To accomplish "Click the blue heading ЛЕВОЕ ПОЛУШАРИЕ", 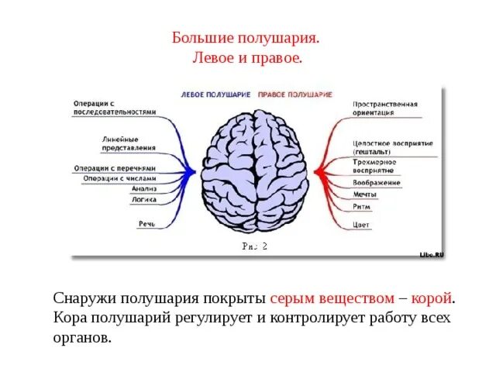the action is (x=215, y=94).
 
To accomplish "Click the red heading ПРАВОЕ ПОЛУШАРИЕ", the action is (x=295, y=94).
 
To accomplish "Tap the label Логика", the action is (x=143, y=199).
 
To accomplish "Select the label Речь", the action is (x=147, y=224).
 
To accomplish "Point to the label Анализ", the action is (x=143, y=188).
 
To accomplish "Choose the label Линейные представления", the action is (x=129, y=143).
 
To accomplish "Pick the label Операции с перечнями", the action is (x=115, y=167).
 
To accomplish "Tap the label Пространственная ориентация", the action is (x=385, y=107).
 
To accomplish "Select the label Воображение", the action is (x=377, y=183).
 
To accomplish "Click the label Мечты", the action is (x=365, y=195).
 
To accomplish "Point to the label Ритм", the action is (x=361, y=207).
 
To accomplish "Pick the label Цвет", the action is (x=361, y=225).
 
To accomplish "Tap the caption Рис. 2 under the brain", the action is (x=255, y=246).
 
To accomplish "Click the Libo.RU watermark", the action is (x=432, y=253).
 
